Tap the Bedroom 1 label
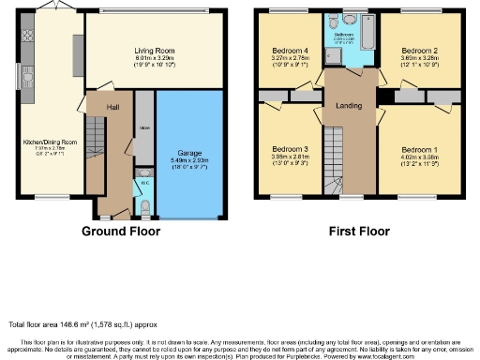pyautogui.click(x=417, y=150)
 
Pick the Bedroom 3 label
pyautogui.click(x=289, y=149)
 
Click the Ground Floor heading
pyautogui.click(x=121, y=231)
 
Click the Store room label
pyautogui.click(x=143, y=128)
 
